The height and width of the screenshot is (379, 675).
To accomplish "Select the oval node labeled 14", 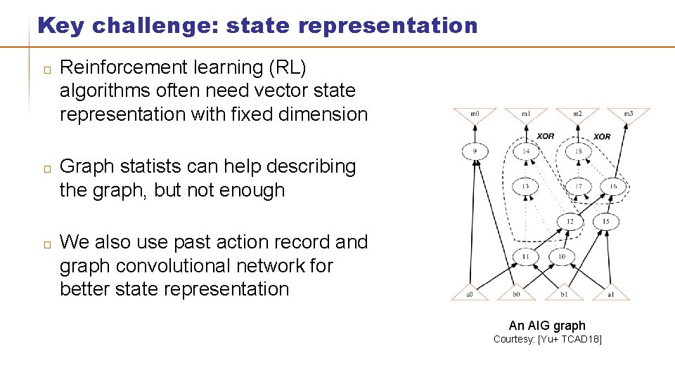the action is [x=526, y=152].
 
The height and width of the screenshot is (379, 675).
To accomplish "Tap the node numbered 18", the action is [x=577, y=152].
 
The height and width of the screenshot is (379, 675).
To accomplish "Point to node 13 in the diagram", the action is [x=526, y=186].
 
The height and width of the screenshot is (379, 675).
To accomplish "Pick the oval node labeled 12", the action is [x=570, y=222].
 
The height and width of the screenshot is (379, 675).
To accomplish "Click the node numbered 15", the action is [x=606, y=222].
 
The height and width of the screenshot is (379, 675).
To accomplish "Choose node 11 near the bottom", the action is [x=526, y=257].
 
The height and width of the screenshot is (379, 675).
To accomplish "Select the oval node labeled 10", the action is [x=561, y=257].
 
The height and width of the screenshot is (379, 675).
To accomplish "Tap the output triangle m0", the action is [x=474, y=114].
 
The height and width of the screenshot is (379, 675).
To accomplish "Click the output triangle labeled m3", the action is [x=629, y=114].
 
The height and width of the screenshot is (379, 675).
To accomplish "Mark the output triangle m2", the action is [x=577, y=114].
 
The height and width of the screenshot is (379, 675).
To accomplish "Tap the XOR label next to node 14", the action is [x=546, y=136].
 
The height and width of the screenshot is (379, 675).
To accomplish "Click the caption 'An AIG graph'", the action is [x=547, y=325].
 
